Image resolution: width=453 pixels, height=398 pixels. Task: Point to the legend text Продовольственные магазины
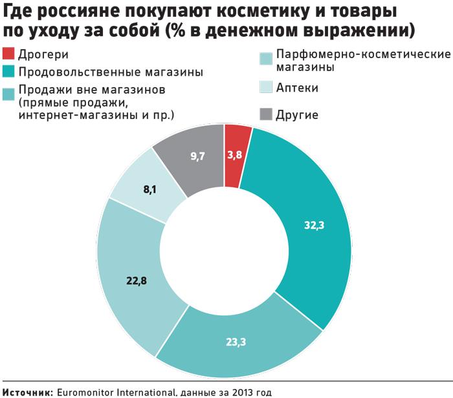(111, 71)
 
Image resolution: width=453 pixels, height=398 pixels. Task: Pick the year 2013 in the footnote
(231, 392)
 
